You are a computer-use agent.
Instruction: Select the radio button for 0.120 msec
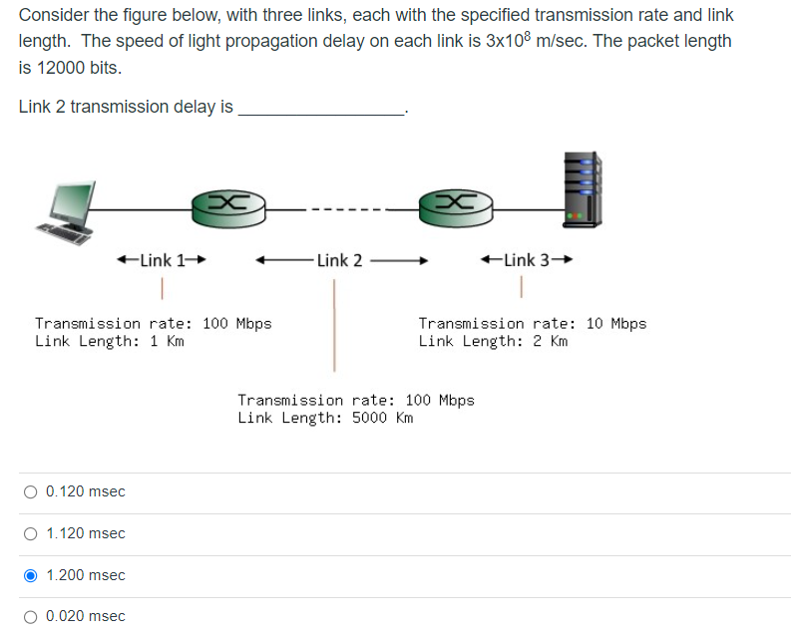(x=31, y=491)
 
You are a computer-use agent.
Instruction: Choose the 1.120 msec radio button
(x=31, y=533)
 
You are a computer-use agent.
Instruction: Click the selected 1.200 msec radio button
(x=31, y=575)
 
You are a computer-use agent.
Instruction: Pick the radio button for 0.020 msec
(x=31, y=616)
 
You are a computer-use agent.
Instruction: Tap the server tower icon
(x=582, y=188)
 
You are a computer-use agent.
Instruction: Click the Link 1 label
(x=162, y=261)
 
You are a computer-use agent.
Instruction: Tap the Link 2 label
(x=340, y=261)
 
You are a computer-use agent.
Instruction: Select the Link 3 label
(x=527, y=261)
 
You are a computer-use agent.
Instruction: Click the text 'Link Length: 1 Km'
(x=110, y=341)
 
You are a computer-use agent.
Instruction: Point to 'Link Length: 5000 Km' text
(x=325, y=418)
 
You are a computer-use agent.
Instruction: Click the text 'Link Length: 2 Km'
(x=493, y=341)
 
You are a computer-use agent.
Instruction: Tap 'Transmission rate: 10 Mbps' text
(x=532, y=323)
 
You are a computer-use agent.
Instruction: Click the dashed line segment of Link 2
(x=340, y=209)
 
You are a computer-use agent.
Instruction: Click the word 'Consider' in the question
(x=51, y=16)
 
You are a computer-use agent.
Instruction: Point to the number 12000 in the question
(x=58, y=68)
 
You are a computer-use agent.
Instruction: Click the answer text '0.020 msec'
(x=86, y=616)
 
